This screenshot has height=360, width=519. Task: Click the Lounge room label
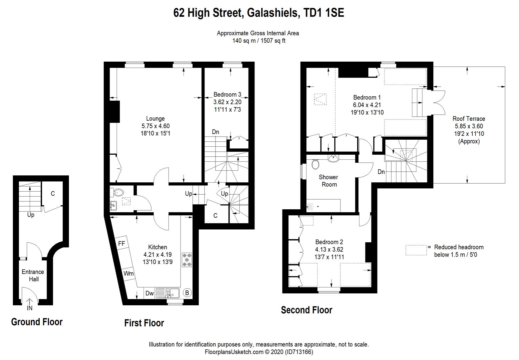155,119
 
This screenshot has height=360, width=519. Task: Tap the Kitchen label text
158,247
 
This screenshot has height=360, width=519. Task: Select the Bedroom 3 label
227,95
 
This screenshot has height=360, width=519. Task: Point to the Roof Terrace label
469,119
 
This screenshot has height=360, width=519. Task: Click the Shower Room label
328,181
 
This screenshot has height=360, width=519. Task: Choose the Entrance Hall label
33,275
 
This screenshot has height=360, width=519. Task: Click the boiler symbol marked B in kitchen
187,293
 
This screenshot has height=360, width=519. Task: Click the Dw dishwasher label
150,293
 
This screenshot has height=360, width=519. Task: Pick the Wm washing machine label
128,274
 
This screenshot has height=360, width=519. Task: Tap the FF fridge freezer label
122,244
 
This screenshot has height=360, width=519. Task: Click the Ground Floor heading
37,322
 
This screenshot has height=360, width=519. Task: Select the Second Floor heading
306,310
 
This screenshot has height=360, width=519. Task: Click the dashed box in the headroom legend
416,250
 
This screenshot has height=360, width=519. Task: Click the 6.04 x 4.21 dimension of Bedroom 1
367,105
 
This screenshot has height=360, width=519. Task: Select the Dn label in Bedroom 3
216,132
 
